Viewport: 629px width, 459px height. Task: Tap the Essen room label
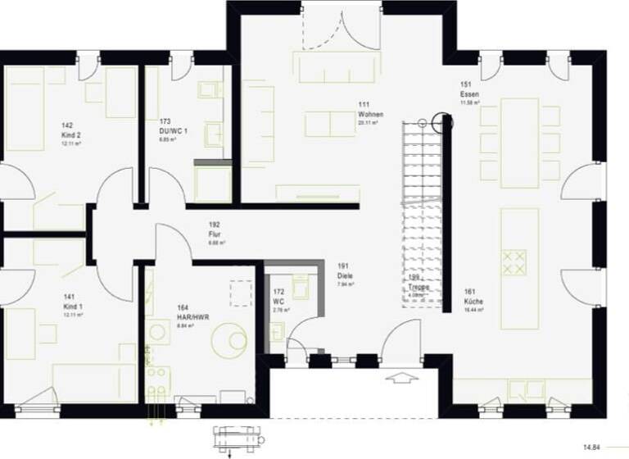pyautogui.click(x=470, y=95)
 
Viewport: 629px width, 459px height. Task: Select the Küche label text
pyautogui.click(x=473, y=302)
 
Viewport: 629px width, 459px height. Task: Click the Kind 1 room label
pyautogui.click(x=72, y=306)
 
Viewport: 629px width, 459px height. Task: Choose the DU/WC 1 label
pyautogui.click(x=174, y=130)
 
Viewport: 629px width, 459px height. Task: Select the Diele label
pyautogui.click(x=345, y=275)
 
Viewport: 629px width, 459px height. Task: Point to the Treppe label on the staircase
pyautogui.click(x=419, y=287)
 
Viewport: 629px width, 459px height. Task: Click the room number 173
pyautogui.click(x=165, y=121)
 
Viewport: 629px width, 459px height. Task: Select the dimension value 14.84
pyautogui.click(x=591, y=448)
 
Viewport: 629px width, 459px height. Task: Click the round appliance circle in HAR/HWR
pyautogui.click(x=228, y=339)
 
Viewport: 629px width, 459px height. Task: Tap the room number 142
pyautogui.click(x=68, y=125)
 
